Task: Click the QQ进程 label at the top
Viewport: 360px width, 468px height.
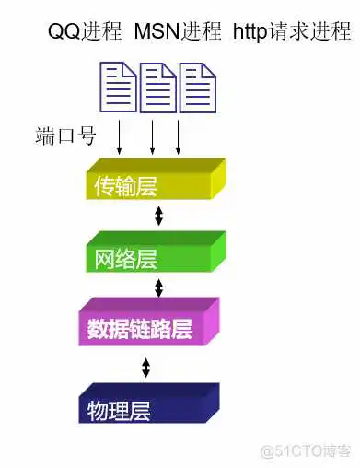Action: click(85, 32)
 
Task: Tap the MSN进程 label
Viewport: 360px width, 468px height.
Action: click(178, 32)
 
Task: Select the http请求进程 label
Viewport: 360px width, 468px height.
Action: click(291, 32)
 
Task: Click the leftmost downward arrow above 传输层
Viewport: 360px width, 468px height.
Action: click(119, 136)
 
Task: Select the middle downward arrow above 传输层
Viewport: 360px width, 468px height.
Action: click(153, 136)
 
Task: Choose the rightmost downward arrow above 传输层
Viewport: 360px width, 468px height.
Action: click(178, 136)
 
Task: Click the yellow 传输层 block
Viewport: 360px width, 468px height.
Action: click(152, 183)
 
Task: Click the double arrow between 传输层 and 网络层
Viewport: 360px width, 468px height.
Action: click(157, 216)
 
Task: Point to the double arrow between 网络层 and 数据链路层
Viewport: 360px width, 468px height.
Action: click(157, 287)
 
